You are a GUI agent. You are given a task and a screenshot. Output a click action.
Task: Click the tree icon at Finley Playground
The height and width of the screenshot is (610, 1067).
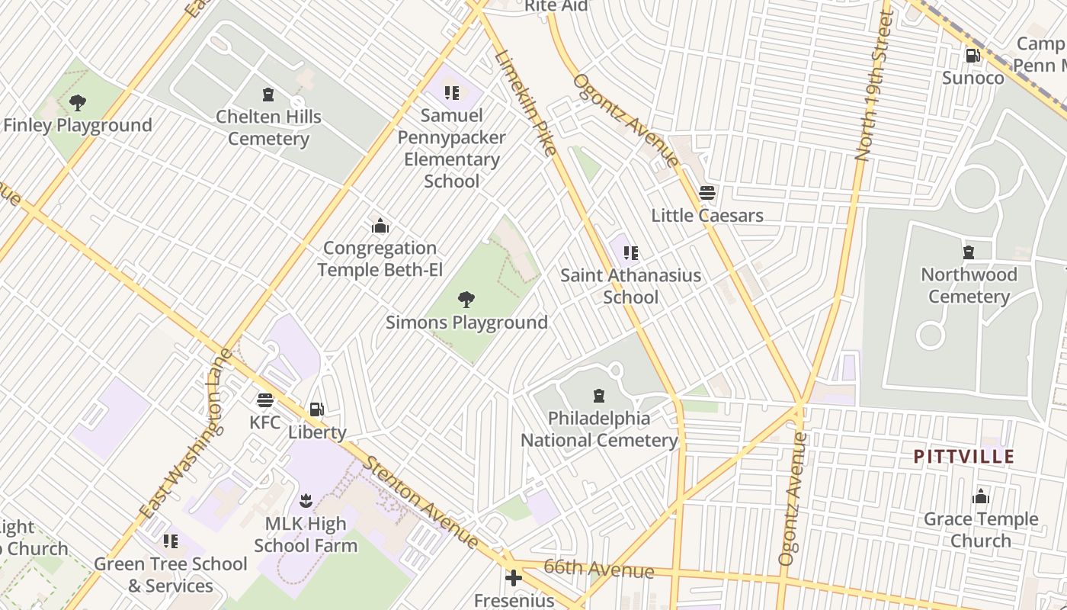coord(77,103)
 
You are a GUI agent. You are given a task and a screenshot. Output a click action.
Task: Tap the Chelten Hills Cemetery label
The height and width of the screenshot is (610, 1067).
coord(268,128)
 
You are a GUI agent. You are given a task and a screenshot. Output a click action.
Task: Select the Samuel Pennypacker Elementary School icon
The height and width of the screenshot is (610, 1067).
coord(452,93)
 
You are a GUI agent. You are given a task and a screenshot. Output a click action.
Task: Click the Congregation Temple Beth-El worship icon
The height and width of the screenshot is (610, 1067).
coord(380,226)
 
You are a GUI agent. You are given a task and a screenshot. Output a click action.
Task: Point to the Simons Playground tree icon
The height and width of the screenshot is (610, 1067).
coord(466,300)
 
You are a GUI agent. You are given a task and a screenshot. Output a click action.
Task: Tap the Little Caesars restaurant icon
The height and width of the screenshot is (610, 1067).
coord(707,193)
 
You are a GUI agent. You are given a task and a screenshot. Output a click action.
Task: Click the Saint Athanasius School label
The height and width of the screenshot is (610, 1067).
coord(630,286)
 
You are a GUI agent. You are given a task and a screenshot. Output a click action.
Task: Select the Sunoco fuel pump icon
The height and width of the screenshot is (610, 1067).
coord(972,56)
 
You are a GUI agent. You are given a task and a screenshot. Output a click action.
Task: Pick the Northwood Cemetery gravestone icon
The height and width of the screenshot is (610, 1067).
coord(969,252)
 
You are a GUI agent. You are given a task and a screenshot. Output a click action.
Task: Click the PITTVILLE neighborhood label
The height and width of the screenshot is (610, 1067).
coord(964,457)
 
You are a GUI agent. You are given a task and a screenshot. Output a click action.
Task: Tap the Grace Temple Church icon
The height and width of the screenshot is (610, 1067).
coord(981,497)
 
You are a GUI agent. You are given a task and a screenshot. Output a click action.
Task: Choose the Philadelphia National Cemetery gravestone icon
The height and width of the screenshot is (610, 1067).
coord(599,396)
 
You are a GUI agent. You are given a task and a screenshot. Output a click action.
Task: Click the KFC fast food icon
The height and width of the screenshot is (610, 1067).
coord(265,400)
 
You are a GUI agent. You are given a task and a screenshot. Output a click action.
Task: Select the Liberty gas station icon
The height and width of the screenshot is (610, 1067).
coord(317,410)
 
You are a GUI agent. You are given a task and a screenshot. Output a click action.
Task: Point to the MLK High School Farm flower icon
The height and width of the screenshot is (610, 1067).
coord(306,502)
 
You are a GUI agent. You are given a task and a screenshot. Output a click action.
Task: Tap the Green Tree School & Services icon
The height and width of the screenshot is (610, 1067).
coord(171,541)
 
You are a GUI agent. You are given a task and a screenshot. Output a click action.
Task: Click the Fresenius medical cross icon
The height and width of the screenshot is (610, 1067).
coord(514,578)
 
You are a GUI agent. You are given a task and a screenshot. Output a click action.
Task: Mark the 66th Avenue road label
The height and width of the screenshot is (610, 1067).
coord(600,570)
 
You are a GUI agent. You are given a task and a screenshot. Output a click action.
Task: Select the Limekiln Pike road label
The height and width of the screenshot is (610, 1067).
coord(526,102)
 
